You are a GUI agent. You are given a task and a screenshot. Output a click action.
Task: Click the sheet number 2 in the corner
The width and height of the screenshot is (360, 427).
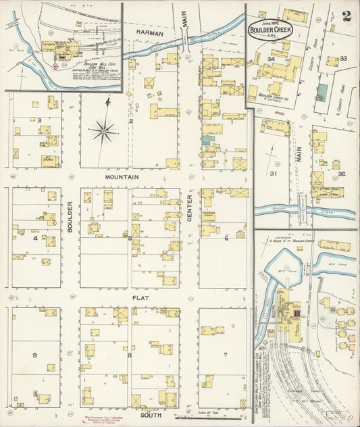coord(346,16)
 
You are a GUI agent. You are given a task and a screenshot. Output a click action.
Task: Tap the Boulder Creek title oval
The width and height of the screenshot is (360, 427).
coord(275,31)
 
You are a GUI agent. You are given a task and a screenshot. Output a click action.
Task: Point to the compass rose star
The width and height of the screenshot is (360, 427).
coord(105,130)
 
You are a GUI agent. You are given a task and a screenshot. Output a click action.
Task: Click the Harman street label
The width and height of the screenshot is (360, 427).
coord(149,32)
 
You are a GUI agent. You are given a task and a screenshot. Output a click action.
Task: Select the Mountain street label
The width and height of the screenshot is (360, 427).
coord(122,177)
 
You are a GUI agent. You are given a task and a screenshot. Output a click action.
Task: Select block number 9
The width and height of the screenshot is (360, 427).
coord(34,354)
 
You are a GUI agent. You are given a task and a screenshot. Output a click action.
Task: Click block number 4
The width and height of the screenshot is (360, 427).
coord(34,238)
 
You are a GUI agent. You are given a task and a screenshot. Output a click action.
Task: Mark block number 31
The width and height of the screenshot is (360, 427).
coord(274,174)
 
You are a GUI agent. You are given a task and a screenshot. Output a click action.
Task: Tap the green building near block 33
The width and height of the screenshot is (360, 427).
coord(322,93)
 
